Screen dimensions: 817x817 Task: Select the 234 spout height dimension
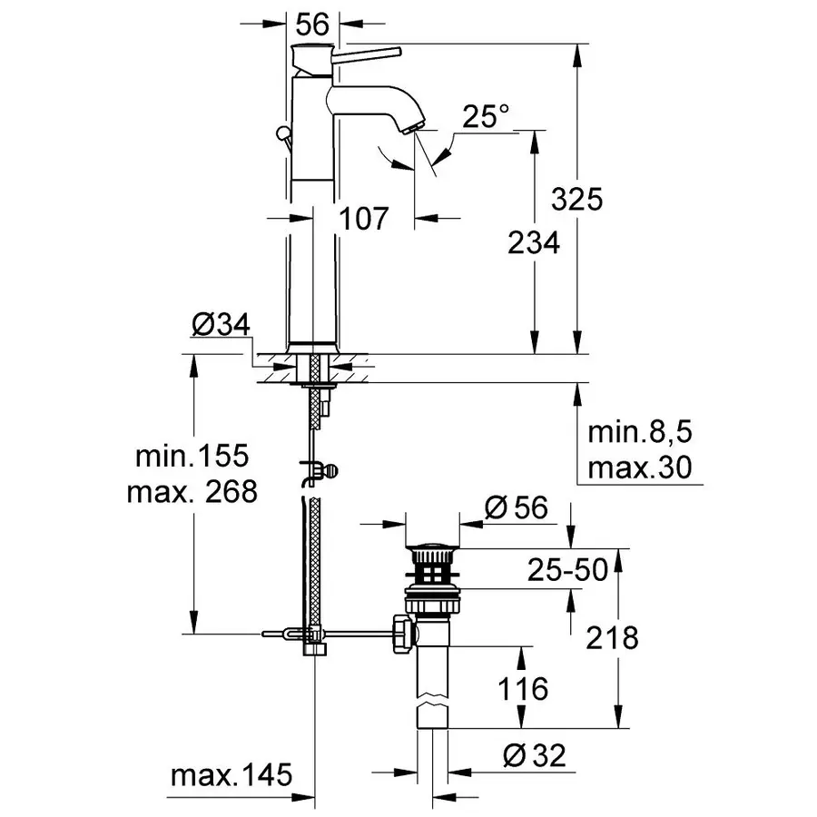pyautogui.click(x=533, y=242)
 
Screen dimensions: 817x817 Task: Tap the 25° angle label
pyautogui.click(x=486, y=116)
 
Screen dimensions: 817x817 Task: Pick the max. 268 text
pyautogui.click(x=192, y=492)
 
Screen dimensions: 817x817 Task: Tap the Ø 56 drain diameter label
pyautogui.click(x=517, y=509)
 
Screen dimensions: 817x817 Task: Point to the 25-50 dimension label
pyautogui.click(x=568, y=570)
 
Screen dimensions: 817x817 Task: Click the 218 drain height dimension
pyautogui.click(x=612, y=637)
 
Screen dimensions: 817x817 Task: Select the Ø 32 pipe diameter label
pyautogui.click(x=536, y=755)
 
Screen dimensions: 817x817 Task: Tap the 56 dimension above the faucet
pyautogui.click(x=314, y=26)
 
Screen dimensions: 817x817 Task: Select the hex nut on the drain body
pyautogui.click(x=400, y=632)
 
